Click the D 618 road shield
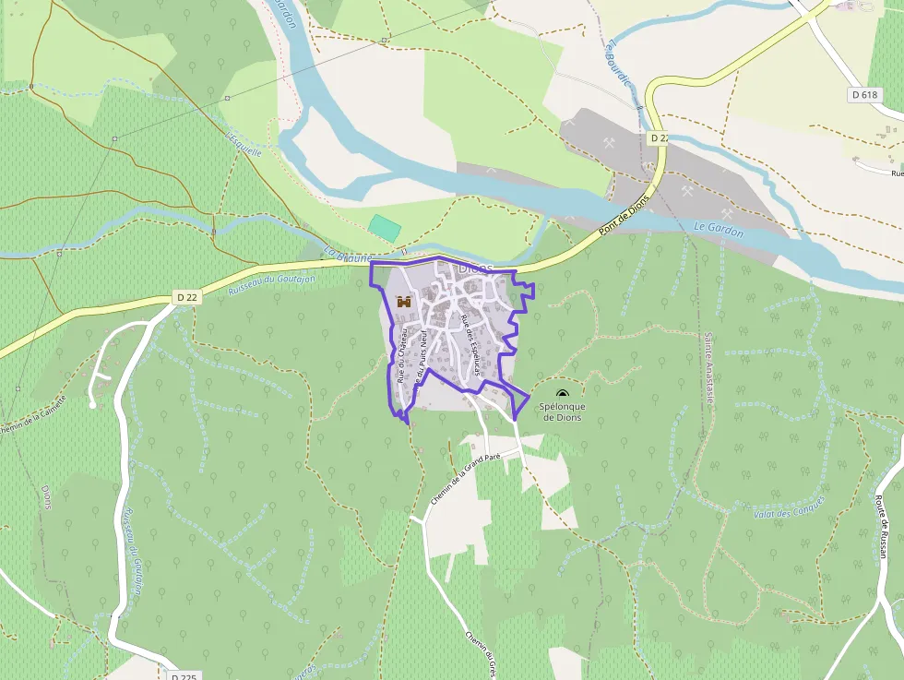click(863, 94)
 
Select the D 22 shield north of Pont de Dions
click(659, 137)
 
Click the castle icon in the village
click(403, 301)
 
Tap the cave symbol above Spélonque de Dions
click(563, 394)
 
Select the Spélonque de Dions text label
click(563, 412)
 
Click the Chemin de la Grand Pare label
click(465, 475)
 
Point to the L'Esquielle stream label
click(244, 141)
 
